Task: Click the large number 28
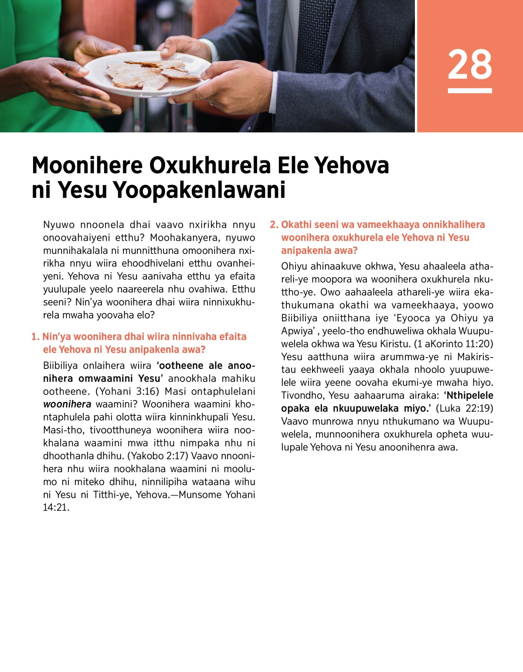[470, 64]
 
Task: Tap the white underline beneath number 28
[470, 91]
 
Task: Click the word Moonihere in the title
[87, 165]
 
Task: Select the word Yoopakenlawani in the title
[199, 190]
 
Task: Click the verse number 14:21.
[56, 507]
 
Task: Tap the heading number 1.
[35, 337]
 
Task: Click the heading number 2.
[274, 225]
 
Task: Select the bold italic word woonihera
[67, 404]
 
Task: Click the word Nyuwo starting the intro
[59, 225]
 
